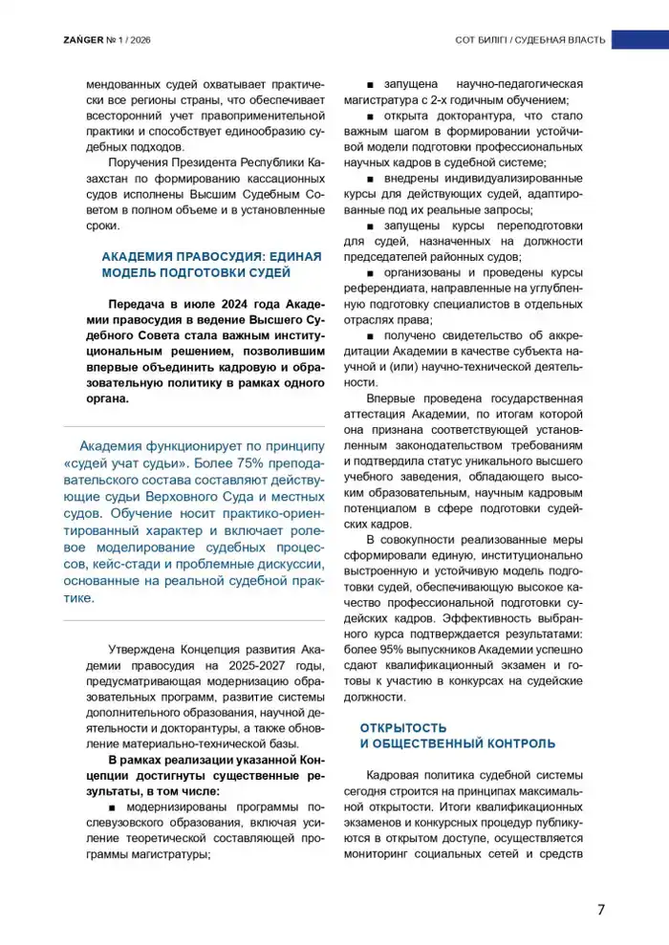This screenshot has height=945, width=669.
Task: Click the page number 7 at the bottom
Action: [x=600, y=909]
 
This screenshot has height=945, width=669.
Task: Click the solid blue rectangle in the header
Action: [x=639, y=39]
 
